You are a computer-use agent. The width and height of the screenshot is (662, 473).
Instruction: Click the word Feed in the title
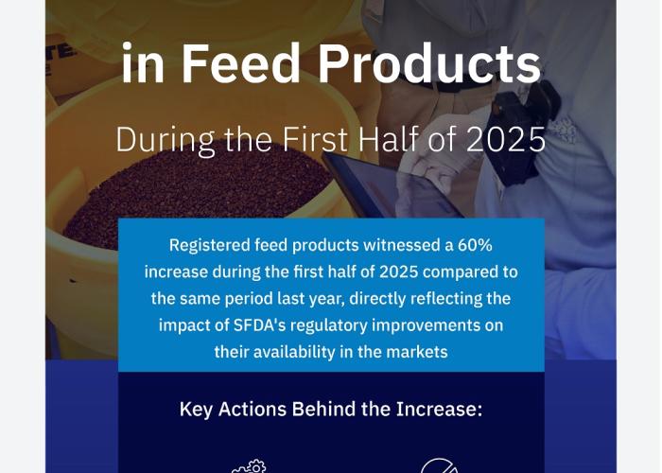click(x=240, y=63)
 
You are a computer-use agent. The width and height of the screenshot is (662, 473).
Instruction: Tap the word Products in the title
click(x=429, y=63)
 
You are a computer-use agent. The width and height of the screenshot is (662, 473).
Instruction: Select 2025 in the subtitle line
click(x=506, y=139)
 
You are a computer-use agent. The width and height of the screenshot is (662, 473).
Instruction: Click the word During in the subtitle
click(x=165, y=140)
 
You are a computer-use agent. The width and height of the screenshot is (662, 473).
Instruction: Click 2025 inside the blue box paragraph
click(x=398, y=272)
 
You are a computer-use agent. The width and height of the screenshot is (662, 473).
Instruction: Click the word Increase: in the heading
click(x=439, y=409)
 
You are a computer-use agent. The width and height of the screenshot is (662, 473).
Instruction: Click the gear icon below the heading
click(x=249, y=466)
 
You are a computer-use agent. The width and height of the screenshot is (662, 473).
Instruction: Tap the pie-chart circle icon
click(x=439, y=465)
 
